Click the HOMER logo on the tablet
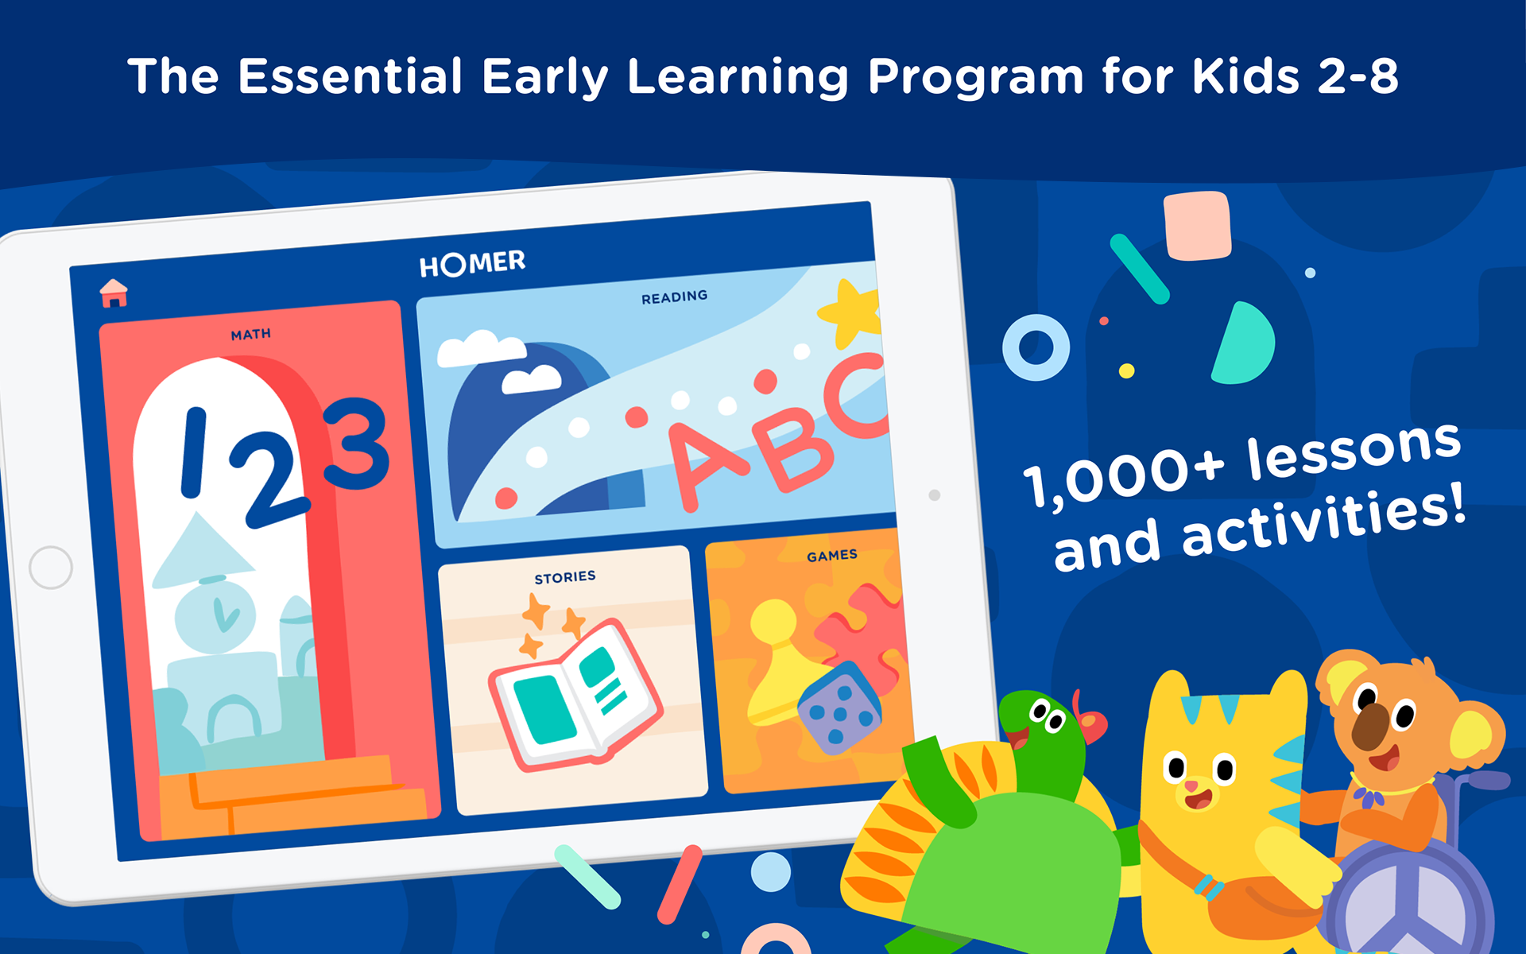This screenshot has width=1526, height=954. click(472, 263)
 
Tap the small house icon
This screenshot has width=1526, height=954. click(114, 293)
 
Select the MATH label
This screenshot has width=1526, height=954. click(250, 335)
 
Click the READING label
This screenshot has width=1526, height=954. click(674, 297)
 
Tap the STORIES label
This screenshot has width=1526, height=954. click(564, 577)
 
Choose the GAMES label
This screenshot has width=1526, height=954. click(831, 556)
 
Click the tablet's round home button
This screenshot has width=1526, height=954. click(51, 568)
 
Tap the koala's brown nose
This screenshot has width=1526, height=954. click(1369, 726)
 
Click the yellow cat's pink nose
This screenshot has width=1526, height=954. click(1192, 786)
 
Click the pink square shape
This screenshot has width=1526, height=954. click(1198, 226)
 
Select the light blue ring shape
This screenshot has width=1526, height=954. click(1036, 347)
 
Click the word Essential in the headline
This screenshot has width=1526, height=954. click(351, 76)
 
